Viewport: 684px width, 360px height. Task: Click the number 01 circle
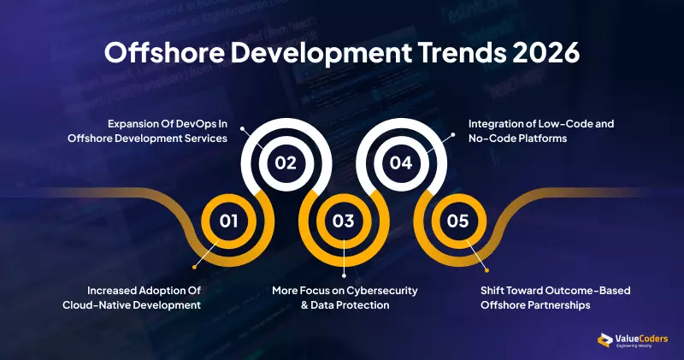(x=228, y=221)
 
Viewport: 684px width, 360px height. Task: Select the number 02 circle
(x=286, y=162)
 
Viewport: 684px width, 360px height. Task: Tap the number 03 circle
(x=343, y=221)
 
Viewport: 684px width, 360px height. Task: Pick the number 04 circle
(x=400, y=162)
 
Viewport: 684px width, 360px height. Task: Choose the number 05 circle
(x=457, y=221)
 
